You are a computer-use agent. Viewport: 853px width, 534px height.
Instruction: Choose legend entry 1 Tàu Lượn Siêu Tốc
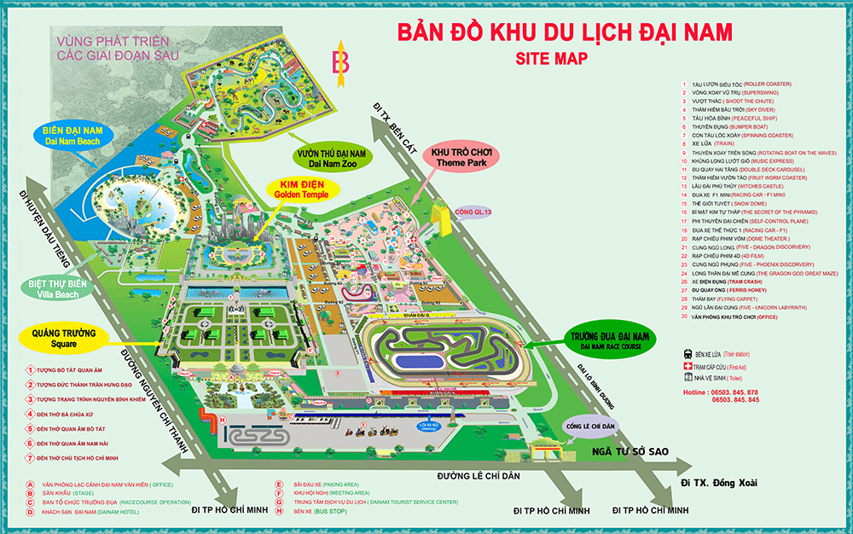(x=742, y=84)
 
